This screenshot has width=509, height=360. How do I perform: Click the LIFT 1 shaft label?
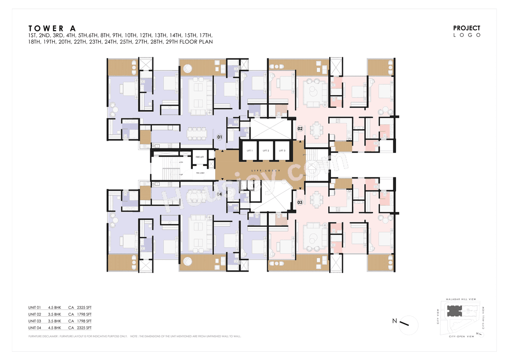coord(249,151)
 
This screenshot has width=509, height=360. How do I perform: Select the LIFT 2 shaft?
coord(266,151)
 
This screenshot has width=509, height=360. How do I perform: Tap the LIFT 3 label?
coord(282,151)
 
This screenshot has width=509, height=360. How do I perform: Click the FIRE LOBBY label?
coord(200,173)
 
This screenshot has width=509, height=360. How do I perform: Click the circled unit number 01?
coord(219,137)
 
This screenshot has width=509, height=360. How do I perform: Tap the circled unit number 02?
coord(300,128)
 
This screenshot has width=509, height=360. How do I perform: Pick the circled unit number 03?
coord(300,202)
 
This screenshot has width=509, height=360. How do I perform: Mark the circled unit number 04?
coord(219,194)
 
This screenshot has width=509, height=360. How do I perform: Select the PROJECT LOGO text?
coord(467,31)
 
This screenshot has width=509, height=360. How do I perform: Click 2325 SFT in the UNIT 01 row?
coord(84,307)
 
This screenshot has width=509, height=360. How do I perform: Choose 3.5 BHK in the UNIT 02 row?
coord(54,314)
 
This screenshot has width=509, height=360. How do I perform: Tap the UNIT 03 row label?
coord(35,321)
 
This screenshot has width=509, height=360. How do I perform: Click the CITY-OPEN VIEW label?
coord(461,337)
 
